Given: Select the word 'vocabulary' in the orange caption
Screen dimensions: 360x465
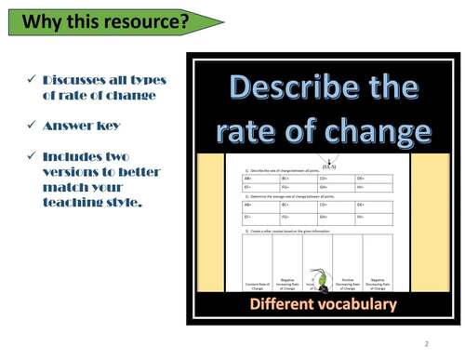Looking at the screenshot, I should tap(358, 305).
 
